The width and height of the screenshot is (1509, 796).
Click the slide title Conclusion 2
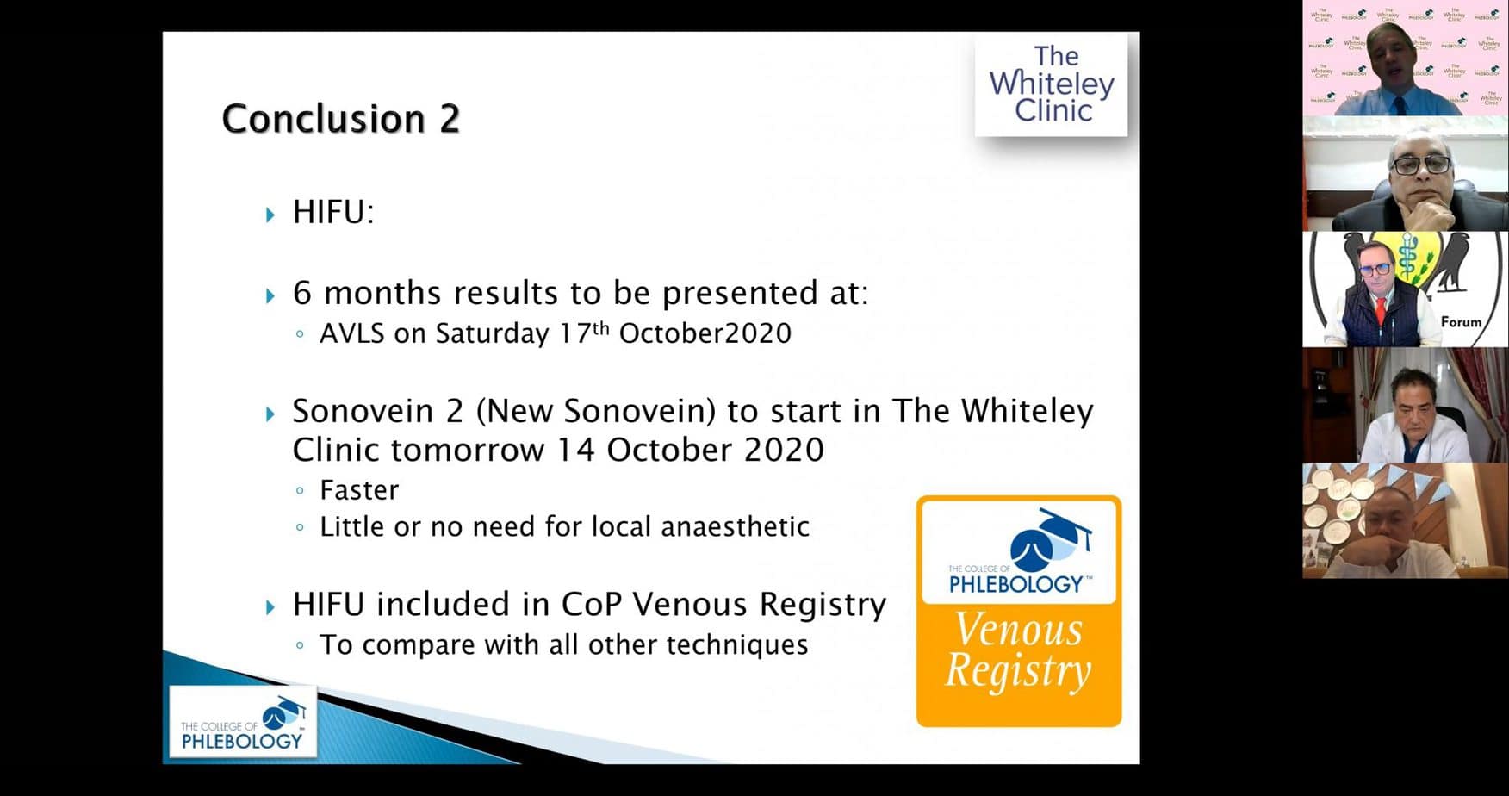pyautogui.click(x=340, y=119)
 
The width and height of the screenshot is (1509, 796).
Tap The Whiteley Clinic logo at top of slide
pyautogui.click(x=1051, y=84)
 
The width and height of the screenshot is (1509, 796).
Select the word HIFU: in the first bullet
pyautogui.click(x=333, y=212)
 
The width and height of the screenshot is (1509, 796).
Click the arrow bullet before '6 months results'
pyautogui.click(x=270, y=296)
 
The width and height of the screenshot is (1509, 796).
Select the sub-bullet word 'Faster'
pyautogui.click(x=359, y=490)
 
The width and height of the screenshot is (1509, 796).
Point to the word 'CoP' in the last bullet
pyautogui.click(x=592, y=605)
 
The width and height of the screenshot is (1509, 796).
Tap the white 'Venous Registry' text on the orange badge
pyautogui.click(x=1019, y=651)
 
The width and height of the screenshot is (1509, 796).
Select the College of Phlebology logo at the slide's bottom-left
pyautogui.click(x=242, y=722)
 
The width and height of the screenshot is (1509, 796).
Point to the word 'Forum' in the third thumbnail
pyautogui.click(x=1461, y=322)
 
